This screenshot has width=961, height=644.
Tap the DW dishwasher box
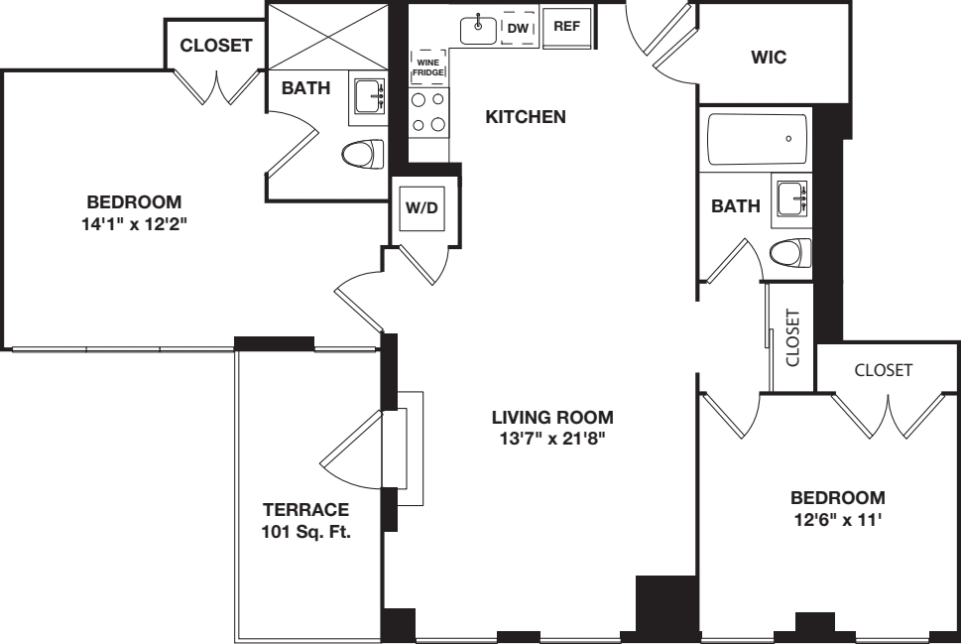517,29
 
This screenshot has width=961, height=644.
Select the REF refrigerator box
566,27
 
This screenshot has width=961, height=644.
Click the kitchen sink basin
478,29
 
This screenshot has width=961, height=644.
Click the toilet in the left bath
363,155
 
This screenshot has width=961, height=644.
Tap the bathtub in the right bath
757,138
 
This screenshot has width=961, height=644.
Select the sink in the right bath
793,198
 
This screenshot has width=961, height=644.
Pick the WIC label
769,58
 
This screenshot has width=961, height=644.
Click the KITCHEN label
525,117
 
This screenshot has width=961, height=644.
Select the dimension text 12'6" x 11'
838,517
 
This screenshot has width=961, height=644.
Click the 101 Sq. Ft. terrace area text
306,531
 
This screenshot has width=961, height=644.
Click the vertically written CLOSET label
792,337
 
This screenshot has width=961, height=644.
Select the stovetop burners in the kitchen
428,112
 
